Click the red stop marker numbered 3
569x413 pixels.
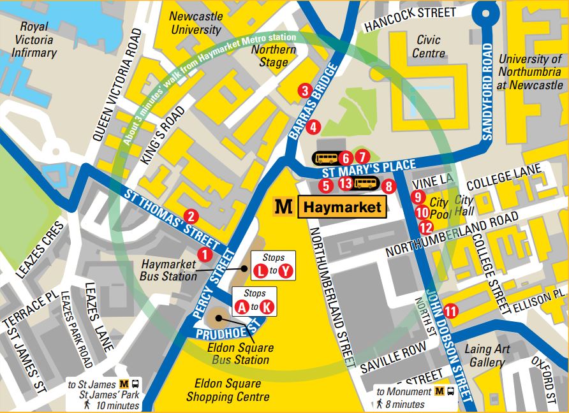[305, 91]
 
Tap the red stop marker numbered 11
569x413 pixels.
[451, 311]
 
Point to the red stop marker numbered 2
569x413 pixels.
[190, 216]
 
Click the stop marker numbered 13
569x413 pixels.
[345, 184]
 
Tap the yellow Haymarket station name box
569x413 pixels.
[342, 207]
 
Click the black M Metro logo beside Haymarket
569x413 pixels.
[283, 207]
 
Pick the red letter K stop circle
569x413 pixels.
[267, 307]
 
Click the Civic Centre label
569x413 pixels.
[428, 46]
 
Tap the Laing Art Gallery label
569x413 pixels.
[487, 356]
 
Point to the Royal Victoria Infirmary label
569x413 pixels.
[33, 40]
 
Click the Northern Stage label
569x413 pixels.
[274, 56]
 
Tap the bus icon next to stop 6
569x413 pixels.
[325, 157]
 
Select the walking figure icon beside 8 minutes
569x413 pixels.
[380, 403]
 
